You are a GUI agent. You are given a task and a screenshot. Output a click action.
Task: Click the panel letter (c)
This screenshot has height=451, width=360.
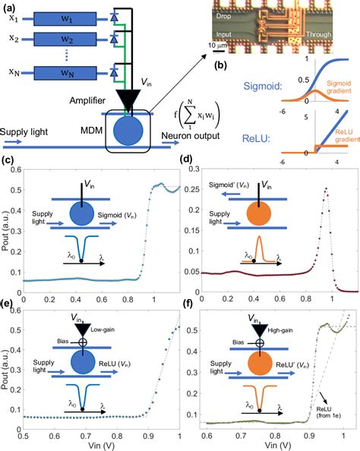pyautogui.click(x=9, y=160)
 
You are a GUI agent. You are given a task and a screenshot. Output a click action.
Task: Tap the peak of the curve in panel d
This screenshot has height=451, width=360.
pyautogui.click(x=326, y=189)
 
